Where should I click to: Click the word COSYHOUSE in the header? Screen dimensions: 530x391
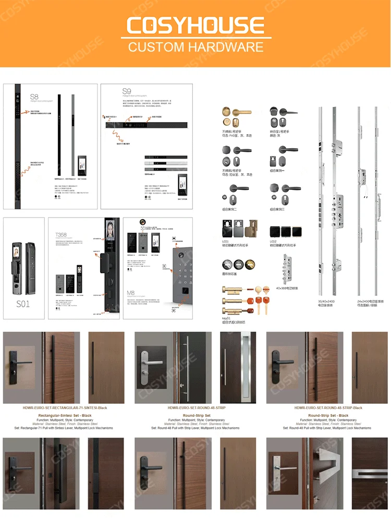click(x=195, y=25)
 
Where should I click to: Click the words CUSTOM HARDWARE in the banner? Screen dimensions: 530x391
click(x=195, y=47)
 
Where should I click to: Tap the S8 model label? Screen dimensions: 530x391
click(x=34, y=97)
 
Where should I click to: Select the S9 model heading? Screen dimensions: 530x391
click(x=126, y=92)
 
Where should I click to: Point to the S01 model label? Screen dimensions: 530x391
click(x=23, y=304)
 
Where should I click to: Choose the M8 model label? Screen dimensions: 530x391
click(x=131, y=293)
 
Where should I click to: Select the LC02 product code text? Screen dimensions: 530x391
click(x=274, y=242)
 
